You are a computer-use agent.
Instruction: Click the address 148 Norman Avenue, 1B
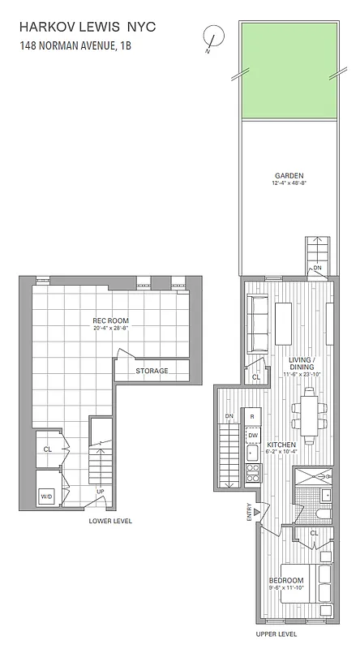point(75,46)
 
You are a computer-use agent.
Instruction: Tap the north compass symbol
point(214,37)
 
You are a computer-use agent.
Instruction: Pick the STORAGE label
point(152,371)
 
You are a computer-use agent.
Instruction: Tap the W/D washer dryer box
point(46,496)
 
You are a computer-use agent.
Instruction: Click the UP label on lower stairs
point(100,492)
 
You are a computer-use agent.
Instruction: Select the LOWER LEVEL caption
point(110,521)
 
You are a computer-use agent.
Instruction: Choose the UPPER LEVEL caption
point(276,633)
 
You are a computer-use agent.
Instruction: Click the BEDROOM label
point(287,581)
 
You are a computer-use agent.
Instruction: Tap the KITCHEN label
point(280,445)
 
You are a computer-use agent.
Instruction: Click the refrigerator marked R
point(253,416)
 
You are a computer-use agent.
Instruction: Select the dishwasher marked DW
point(253,436)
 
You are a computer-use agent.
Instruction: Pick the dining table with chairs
point(309,410)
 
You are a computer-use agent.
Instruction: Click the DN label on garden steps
point(317,269)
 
